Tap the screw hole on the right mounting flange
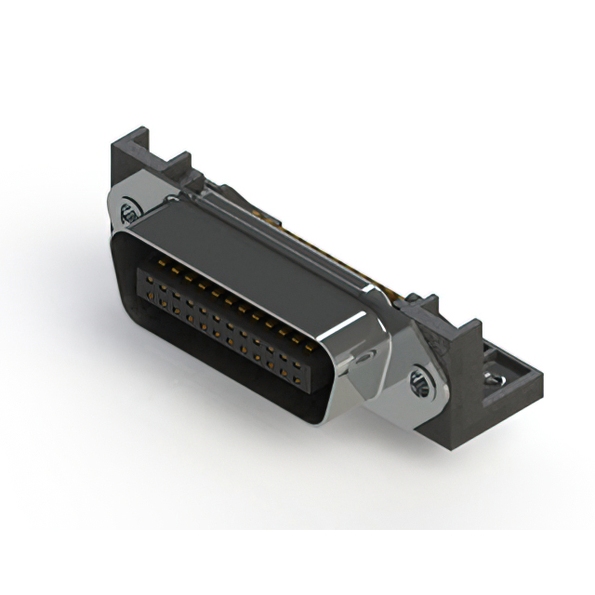pos(418,377)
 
